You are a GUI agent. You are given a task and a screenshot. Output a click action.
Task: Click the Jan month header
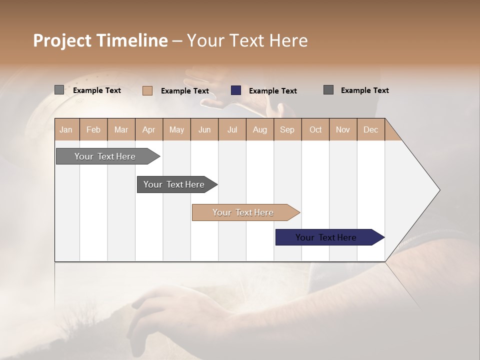66,129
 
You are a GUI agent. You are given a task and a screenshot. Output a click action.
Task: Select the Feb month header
93,129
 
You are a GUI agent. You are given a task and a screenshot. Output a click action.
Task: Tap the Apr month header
148,129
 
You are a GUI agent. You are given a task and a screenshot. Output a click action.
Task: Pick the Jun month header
204,129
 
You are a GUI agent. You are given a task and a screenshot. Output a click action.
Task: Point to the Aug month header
259,129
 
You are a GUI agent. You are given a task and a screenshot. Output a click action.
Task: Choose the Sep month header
287,129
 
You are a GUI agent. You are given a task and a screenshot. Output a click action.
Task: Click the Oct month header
315,129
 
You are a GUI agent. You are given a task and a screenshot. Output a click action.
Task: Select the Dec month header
370,129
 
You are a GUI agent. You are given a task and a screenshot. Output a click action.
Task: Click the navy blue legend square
236,90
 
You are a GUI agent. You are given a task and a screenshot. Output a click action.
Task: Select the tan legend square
147,90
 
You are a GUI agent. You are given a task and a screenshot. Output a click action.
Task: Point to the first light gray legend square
59,90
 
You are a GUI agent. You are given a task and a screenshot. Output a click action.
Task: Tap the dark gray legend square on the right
328,90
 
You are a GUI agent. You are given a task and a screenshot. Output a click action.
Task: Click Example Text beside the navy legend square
272,91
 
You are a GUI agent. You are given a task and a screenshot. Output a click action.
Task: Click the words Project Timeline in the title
100,40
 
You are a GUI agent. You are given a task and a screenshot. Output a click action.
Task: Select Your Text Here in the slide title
247,40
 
